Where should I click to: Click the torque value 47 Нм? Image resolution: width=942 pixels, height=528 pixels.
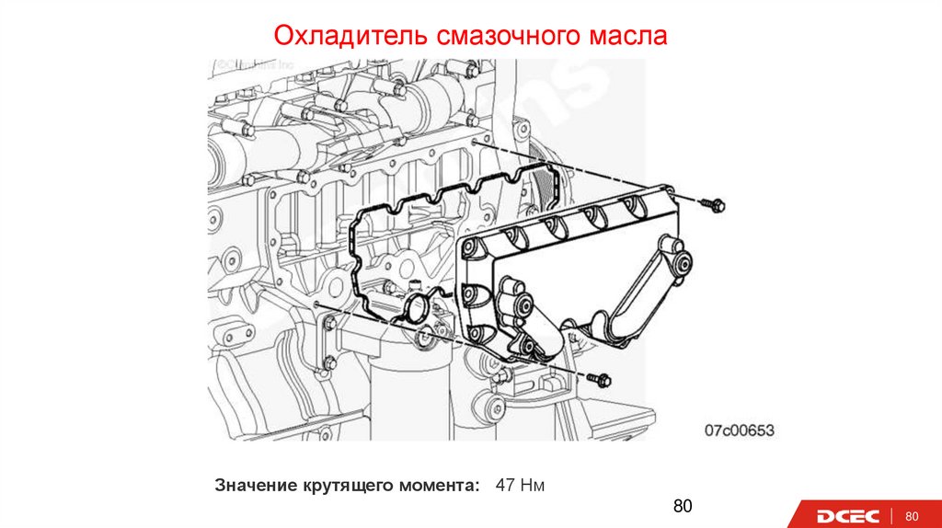click(521, 484)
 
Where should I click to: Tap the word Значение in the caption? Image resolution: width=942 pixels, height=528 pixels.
click(255, 485)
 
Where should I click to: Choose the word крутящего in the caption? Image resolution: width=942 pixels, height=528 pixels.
click(349, 485)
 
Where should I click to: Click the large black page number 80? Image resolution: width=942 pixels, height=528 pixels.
click(682, 507)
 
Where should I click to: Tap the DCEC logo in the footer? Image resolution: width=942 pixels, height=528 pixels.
click(846, 515)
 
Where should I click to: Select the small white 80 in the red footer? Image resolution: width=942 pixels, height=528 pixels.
click(913, 515)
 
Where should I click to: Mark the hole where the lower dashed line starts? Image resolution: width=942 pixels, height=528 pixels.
click(316, 303)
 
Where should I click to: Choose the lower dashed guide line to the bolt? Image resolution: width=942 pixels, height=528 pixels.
click(451, 339)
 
